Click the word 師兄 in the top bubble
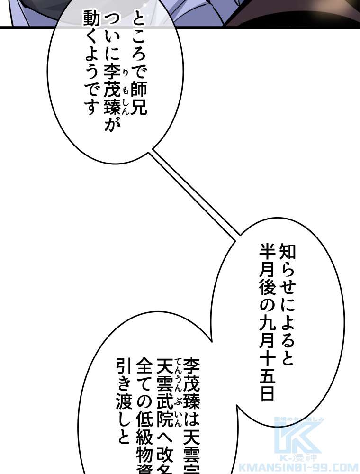(138, 100)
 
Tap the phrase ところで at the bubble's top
(138, 47)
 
